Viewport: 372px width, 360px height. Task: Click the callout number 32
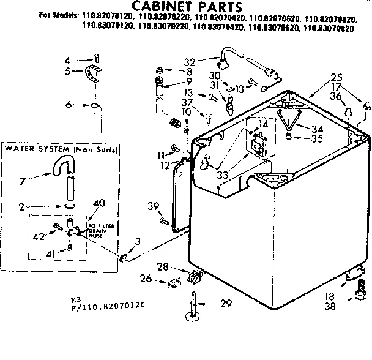point(189,61)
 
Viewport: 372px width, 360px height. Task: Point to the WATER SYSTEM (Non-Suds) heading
point(61,149)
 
